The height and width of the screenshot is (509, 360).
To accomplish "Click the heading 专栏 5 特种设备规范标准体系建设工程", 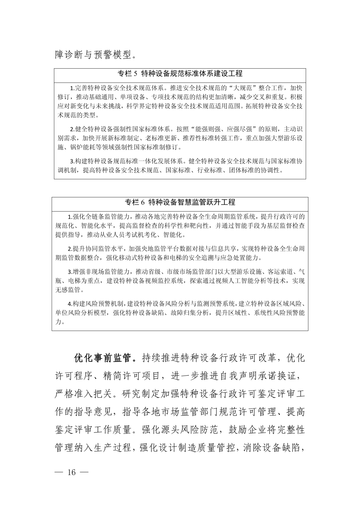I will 180,73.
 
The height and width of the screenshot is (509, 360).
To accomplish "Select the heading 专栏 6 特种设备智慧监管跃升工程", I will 180,202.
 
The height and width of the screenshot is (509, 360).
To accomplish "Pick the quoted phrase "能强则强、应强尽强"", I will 225,129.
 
